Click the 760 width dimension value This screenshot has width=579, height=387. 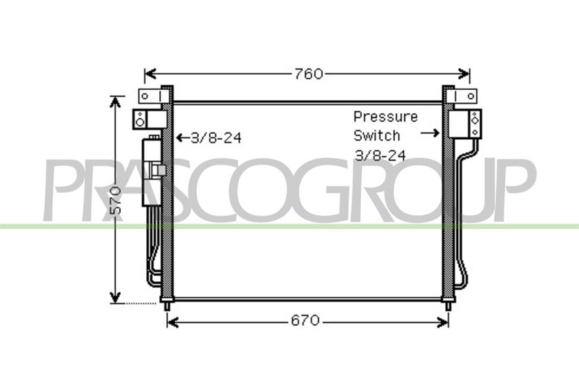coord(309,74)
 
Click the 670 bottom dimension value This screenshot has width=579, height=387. coord(305,320)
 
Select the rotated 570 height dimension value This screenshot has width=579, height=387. coord(116,201)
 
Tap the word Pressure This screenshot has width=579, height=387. coord(386,117)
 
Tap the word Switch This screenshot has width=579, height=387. coord(376,136)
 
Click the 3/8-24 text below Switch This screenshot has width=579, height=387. coord(380,155)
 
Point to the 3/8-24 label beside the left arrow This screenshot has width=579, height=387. coord(216,138)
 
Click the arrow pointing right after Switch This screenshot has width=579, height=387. coord(430,133)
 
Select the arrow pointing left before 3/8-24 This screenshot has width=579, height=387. coord(183,138)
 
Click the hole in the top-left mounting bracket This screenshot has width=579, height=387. coord(145,96)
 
